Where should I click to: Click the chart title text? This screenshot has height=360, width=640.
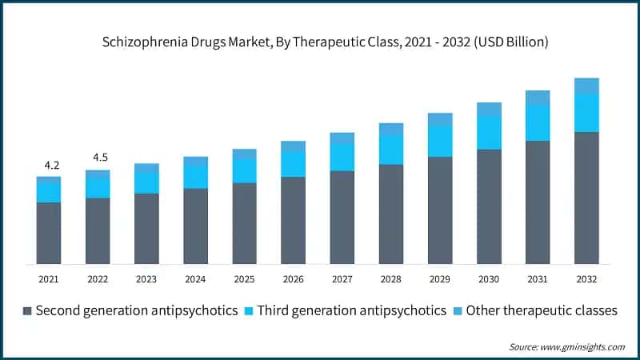point(320,41)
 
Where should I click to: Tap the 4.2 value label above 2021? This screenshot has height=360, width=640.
point(51,165)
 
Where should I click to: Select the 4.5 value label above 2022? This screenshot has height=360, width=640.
point(98,157)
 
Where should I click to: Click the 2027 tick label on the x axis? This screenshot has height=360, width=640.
point(342,279)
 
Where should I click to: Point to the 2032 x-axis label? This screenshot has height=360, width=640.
point(586,279)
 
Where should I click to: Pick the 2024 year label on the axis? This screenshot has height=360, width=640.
point(195,279)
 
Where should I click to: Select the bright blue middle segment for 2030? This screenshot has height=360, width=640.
point(489,133)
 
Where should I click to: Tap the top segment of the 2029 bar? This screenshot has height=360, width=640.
point(440,119)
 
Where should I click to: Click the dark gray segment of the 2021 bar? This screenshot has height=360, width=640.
point(49,233)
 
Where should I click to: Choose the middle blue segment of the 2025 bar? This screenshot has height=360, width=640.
point(244,170)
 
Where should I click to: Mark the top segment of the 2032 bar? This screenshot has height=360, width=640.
point(586,86)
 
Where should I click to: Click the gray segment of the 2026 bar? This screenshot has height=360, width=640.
point(294,220)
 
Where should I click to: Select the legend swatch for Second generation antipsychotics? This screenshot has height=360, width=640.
point(29,310)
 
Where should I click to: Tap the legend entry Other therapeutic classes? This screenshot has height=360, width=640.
point(541,310)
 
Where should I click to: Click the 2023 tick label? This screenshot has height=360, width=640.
point(146,279)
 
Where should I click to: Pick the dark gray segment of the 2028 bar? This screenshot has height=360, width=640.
point(391,214)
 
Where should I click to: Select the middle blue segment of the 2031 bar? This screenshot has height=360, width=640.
point(538,123)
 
